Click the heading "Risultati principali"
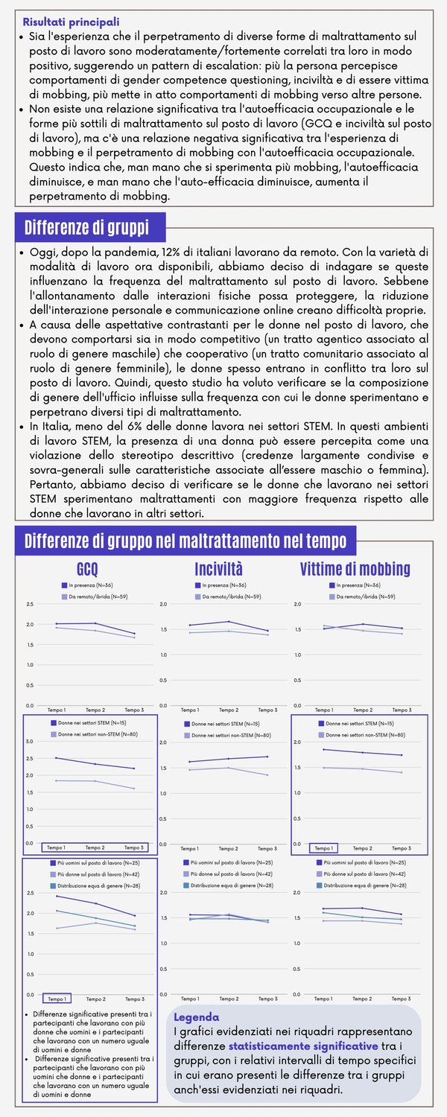coord(71,23)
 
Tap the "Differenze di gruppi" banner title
coord(86,226)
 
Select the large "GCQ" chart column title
coord(87,570)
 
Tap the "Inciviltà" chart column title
coord(218,570)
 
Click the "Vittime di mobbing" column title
coord(355,570)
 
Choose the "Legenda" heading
coord(197,1017)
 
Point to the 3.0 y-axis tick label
coord(29,742)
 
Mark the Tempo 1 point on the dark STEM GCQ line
coord(55,758)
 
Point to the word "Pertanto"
coord(52,485)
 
